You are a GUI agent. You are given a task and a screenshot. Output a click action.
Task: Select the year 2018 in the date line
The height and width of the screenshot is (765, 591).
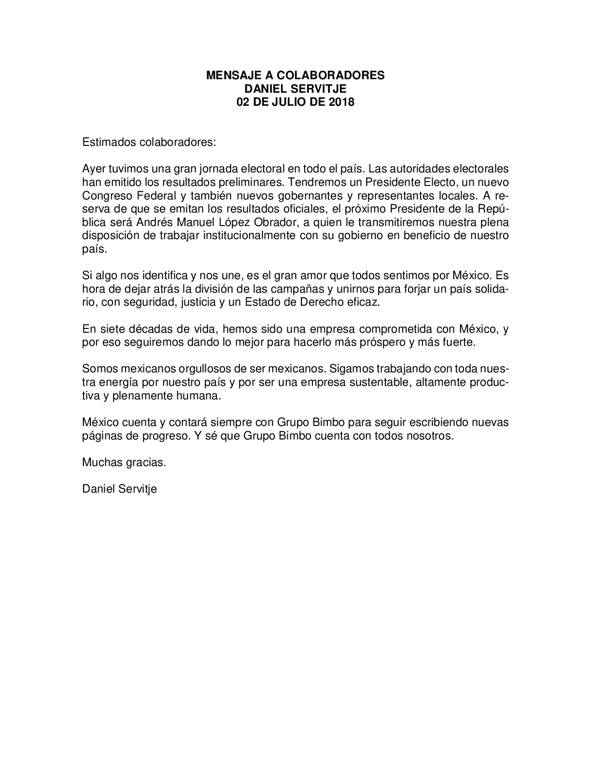[x=341, y=102]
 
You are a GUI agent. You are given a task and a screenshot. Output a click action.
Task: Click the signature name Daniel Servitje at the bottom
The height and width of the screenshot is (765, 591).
[x=120, y=489]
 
